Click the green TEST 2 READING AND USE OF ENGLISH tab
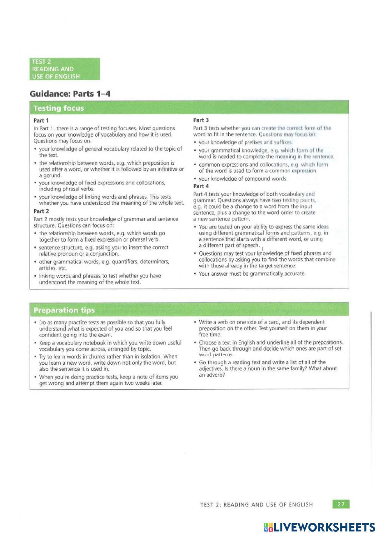(x=65, y=69)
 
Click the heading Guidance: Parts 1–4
(x=70, y=94)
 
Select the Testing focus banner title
(x=59, y=108)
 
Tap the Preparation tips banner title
(x=64, y=310)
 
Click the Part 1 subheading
(x=41, y=120)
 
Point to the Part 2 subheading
(x=41, y=211)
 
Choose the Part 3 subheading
(x=201, y=120)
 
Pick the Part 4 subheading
(x=201, y=186)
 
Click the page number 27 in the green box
(x=341, y=504)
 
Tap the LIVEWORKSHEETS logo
(x=319, y=527)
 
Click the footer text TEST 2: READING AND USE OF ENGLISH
(x=256, y=504)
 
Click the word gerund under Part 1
(x=50, y=176)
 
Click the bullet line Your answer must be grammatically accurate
(x=252, y=274)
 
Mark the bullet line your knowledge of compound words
(x=243, y=179)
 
